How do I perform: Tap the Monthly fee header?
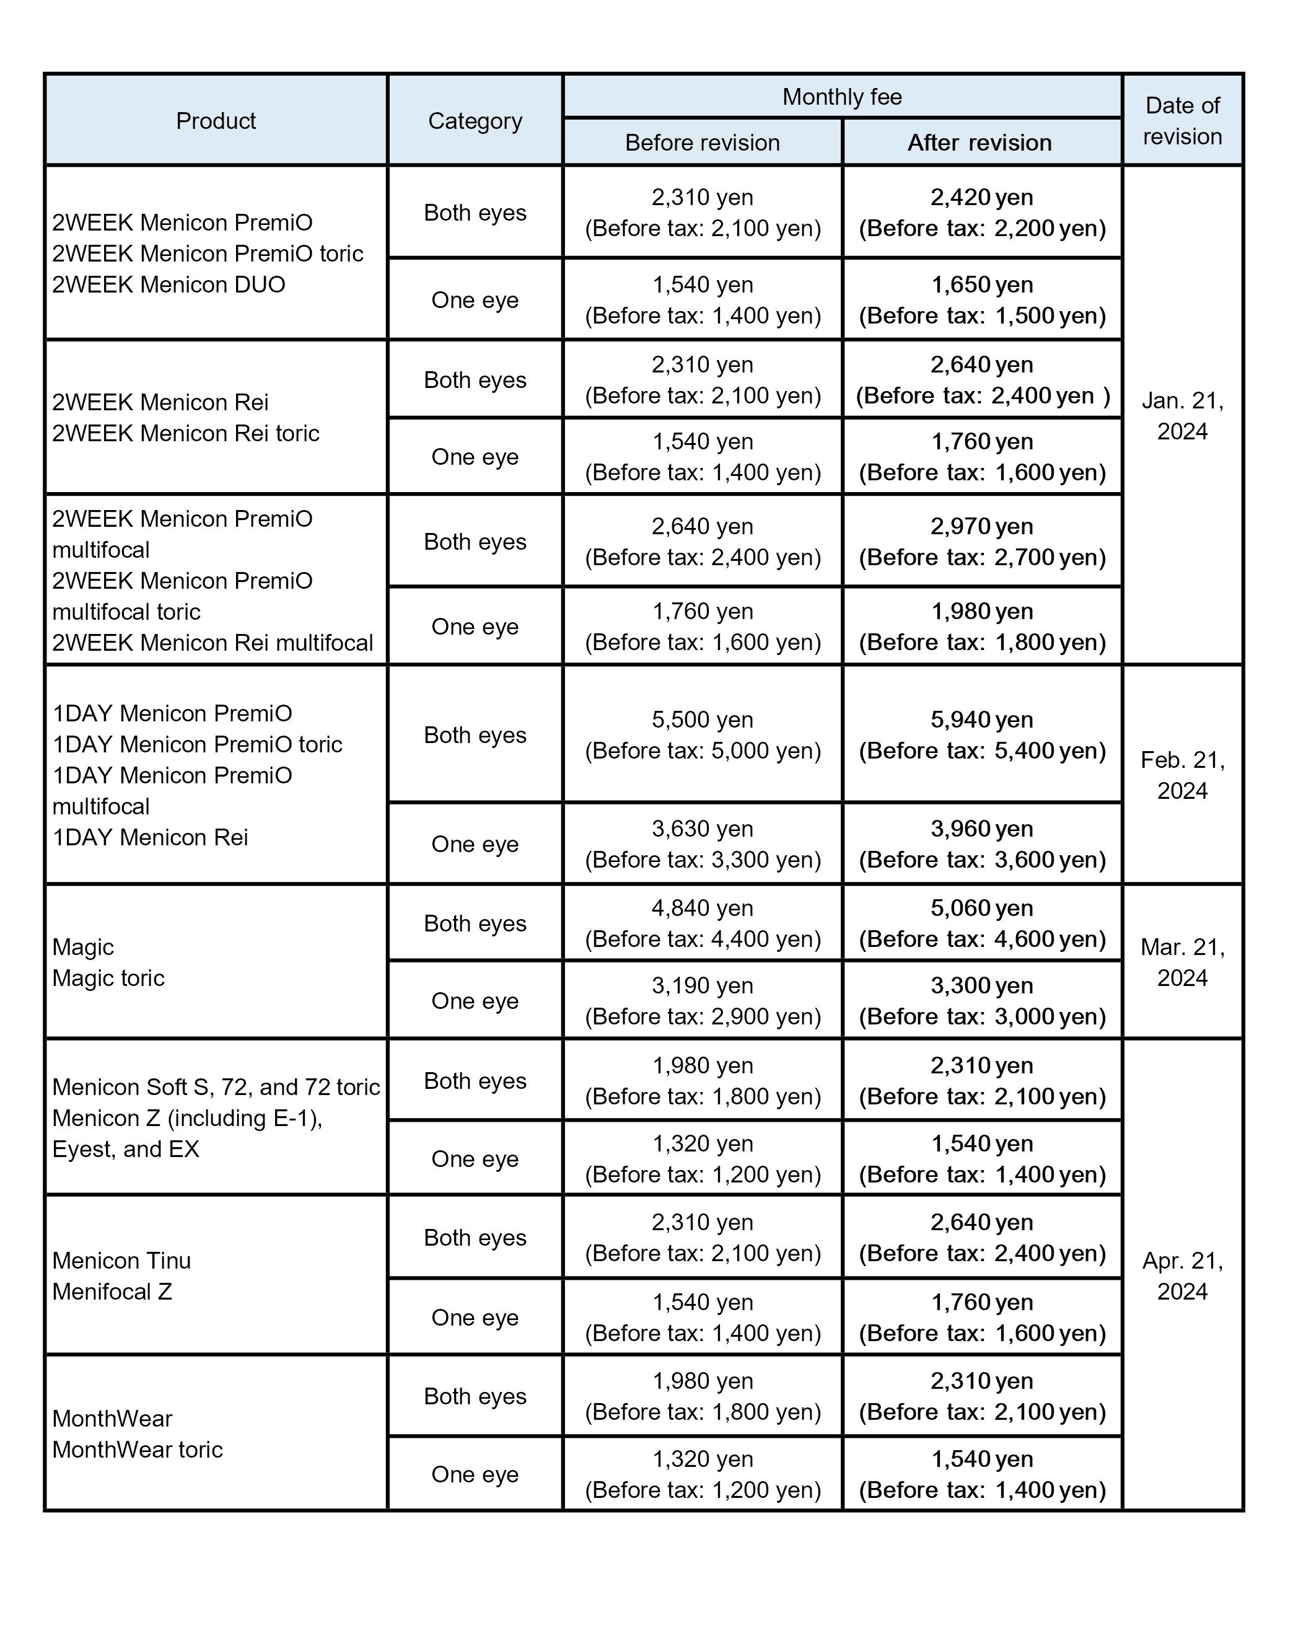842,97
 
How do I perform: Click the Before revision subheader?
702,143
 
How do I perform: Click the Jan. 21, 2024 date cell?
1182,416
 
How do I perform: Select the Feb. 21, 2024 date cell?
1182,775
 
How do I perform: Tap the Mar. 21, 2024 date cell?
1182,962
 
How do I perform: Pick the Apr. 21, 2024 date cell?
1182,1275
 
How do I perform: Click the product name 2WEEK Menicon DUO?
169,285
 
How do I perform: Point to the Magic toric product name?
108,978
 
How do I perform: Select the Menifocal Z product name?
112,1292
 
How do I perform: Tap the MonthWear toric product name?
137,1449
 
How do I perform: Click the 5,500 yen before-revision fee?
702,720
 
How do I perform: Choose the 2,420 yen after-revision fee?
981,197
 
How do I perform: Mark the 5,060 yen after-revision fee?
981,907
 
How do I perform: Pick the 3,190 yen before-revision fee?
702,985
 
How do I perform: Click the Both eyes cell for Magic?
475,923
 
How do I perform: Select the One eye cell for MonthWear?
475,1474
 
